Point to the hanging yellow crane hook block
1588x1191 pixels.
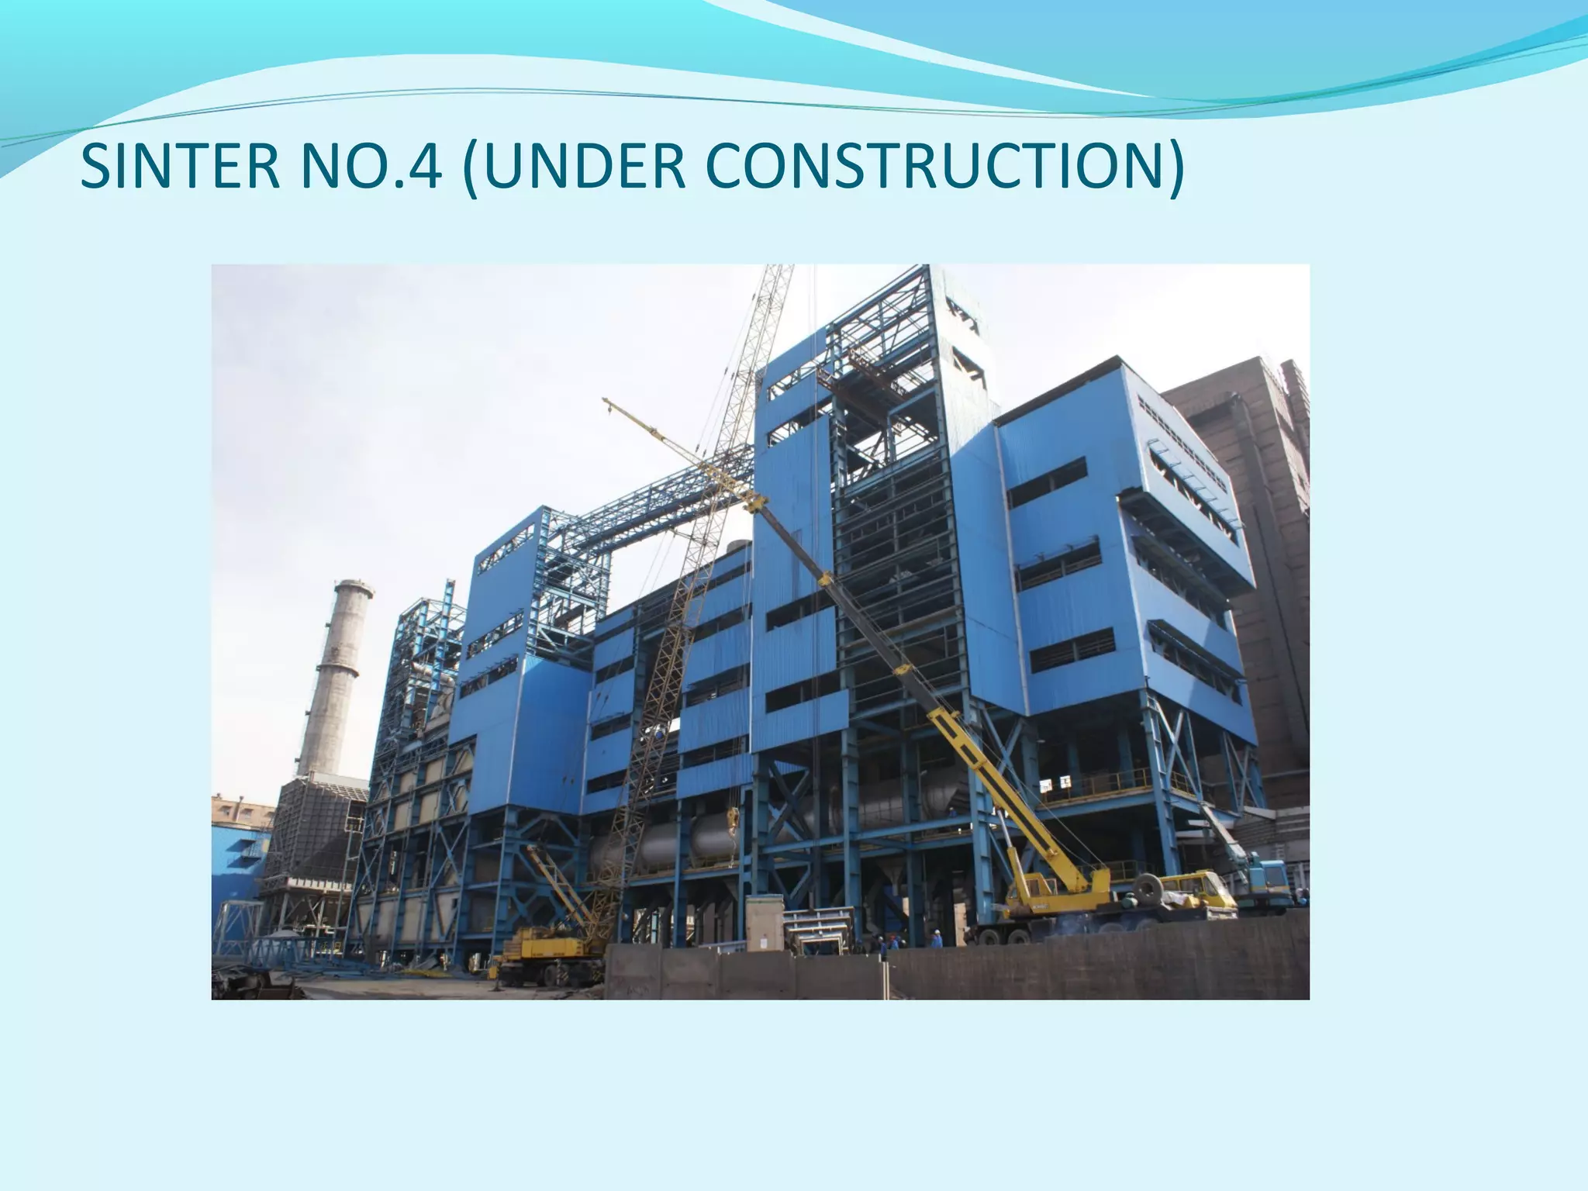(x=733, y=818)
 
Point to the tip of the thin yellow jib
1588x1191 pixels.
(x=606, y=401)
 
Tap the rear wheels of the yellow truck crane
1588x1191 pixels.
(x=1000, y=935)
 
